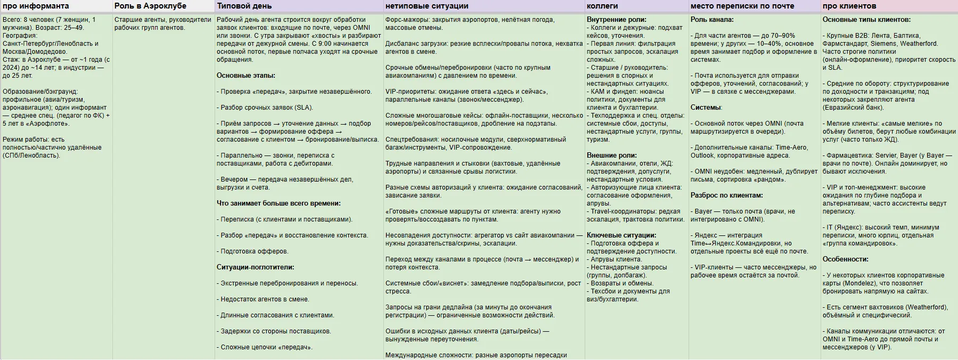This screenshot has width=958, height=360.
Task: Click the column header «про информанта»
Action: pos(36,6)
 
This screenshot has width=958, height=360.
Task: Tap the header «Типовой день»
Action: pos(244,6)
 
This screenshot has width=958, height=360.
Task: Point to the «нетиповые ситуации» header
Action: pos(427,6)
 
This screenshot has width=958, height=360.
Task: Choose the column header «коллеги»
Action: pos(602,6)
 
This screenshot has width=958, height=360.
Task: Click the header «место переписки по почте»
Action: pos(742,6)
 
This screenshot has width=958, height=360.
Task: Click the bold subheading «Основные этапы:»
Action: pos(246,76)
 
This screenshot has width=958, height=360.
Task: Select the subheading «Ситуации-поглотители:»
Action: pos(255,267)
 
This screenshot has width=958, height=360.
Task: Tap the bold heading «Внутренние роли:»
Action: pos(616,20)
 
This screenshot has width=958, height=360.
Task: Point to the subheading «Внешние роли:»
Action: pos(611,156)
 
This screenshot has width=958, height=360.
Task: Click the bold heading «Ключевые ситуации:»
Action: pos(621,235)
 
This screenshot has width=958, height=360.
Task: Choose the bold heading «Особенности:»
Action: pos(845,259)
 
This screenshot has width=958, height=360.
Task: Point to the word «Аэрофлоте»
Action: pos(54,124)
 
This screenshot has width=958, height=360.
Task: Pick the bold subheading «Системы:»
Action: pos(706,108)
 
